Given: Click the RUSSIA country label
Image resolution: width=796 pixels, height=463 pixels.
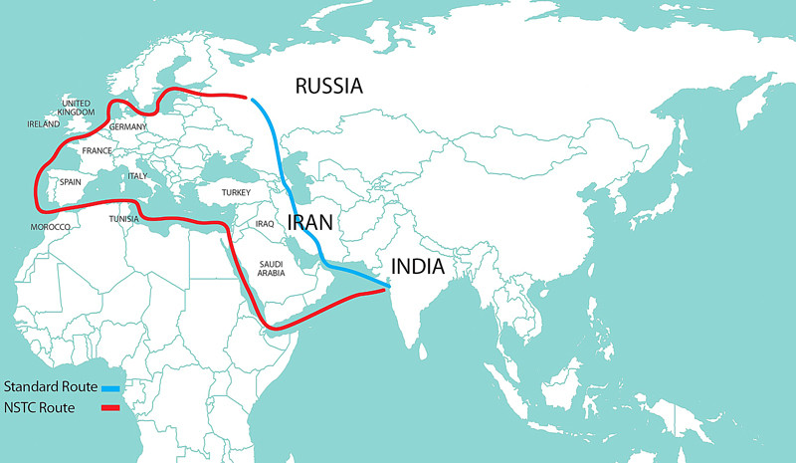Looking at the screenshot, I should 329,87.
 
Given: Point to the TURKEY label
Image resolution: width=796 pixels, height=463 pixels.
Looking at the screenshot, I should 236,191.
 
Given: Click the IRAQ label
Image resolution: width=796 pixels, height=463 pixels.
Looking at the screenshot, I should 265,224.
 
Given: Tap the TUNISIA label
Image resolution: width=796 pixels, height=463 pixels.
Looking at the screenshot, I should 124,219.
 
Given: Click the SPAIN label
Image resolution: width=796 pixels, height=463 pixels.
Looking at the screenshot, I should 71,182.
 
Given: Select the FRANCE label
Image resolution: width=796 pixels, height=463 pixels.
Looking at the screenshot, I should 98,151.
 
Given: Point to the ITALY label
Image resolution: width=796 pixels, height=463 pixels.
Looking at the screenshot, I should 137,176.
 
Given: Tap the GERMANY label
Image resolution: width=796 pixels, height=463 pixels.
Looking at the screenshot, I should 127,127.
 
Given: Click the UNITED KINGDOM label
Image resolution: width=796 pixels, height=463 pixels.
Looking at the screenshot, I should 76,108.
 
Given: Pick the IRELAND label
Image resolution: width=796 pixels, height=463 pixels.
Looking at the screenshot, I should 44,124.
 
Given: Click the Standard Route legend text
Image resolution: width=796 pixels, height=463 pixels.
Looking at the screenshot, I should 50,386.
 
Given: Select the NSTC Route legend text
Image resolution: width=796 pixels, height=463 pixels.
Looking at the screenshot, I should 40,407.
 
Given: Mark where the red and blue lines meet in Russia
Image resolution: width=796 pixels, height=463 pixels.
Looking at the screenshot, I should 249,98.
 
